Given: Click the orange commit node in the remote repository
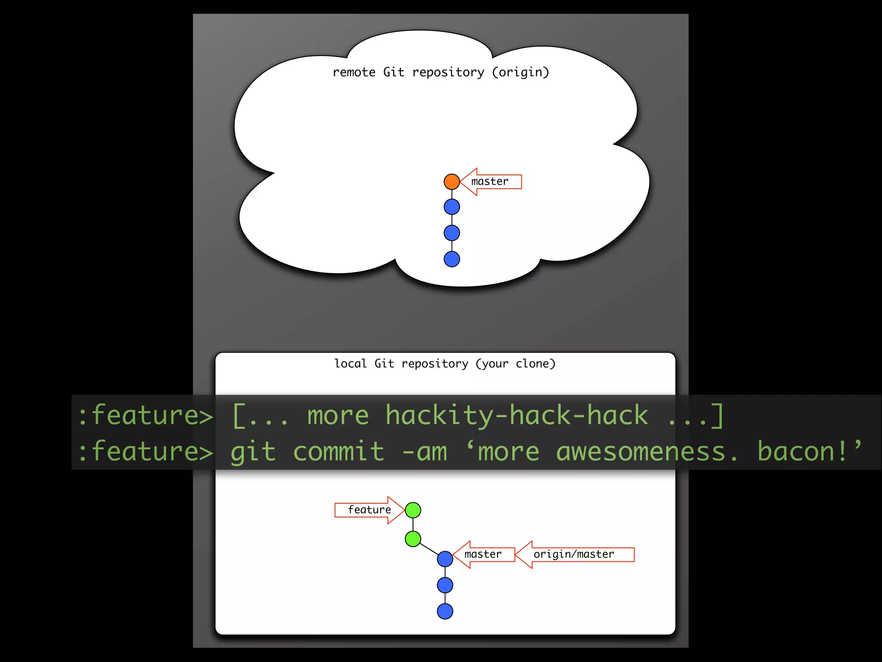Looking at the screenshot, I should (x=452, y=181).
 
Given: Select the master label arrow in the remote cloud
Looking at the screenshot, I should (x=491, y=181).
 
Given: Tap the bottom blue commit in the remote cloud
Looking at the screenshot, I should (x=452, y=259).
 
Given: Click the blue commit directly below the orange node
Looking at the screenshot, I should (x=452, y=207).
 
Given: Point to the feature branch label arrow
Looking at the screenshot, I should (x=369, y=510).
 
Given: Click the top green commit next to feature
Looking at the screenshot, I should (x=413, y=510).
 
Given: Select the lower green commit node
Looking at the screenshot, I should (x=413, y=539).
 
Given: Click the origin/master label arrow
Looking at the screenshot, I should (x=574, y=554).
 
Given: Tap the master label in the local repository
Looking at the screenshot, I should (x=483, y=554).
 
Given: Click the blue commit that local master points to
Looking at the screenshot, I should (x=445, y=559).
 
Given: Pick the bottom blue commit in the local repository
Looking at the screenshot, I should (x=445, y=611).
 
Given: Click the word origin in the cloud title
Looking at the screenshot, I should (x=521, y=72).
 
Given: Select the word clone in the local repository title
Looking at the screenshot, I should (x=532, y=364).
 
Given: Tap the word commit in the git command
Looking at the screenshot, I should (x=339, y=451).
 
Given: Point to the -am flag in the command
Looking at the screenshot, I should (x=424, y=451).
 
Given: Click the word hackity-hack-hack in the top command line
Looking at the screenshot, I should (x=516, y=415).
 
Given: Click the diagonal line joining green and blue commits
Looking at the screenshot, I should (x=429, y=549).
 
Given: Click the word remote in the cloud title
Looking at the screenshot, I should (x=354, y=72).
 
